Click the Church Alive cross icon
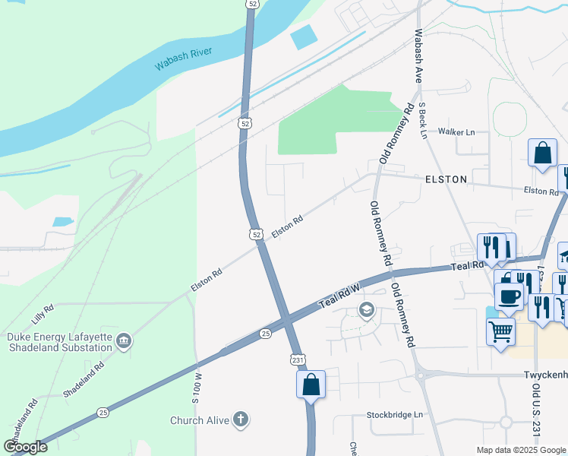(x=240, y=420)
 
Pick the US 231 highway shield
(x=297, y=359)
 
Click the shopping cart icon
(x=500, y=331)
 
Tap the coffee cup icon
(x=508, y=296)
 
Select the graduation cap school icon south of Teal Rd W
(x=367, y=309)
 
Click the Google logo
(x=25, y=447)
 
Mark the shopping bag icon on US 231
(x=311, y=384)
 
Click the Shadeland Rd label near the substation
(x=84, y=380)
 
